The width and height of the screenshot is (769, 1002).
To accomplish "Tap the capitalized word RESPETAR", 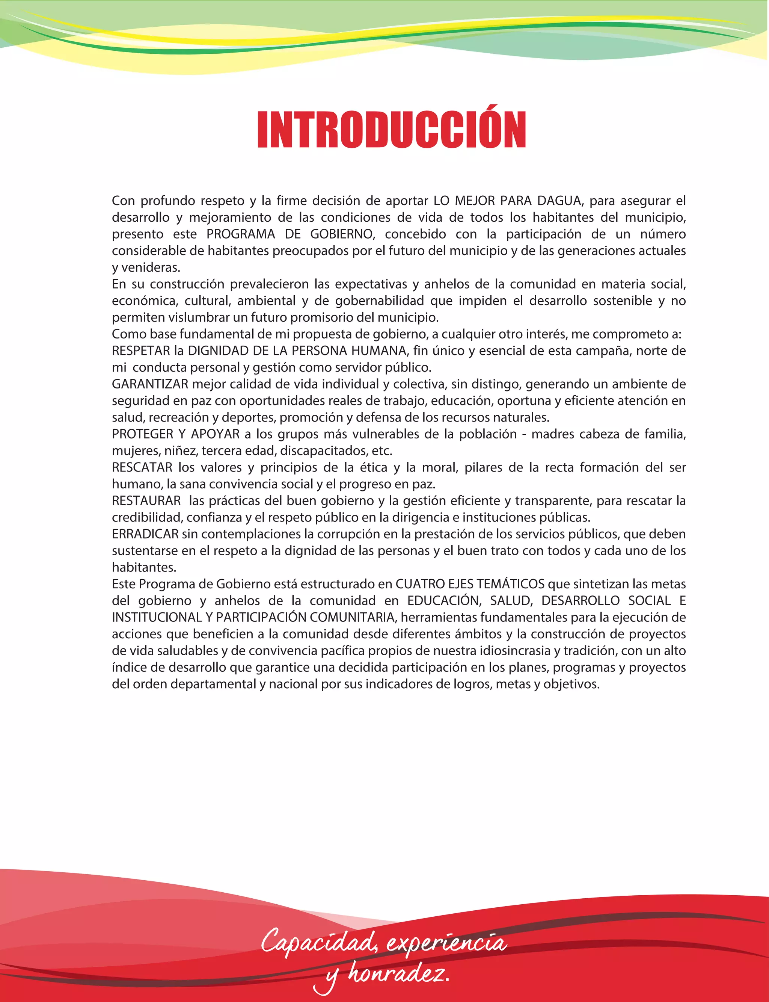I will tap(141, 351).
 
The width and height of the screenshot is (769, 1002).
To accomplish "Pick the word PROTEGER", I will tap(142, 434).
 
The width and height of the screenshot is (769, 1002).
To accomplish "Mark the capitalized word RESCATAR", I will tap(142, 468).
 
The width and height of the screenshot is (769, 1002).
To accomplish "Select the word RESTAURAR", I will tap(146, 501).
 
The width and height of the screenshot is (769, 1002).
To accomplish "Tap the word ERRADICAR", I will tap(145, 534).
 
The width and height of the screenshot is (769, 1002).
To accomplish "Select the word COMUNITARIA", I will tap(352, 618).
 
